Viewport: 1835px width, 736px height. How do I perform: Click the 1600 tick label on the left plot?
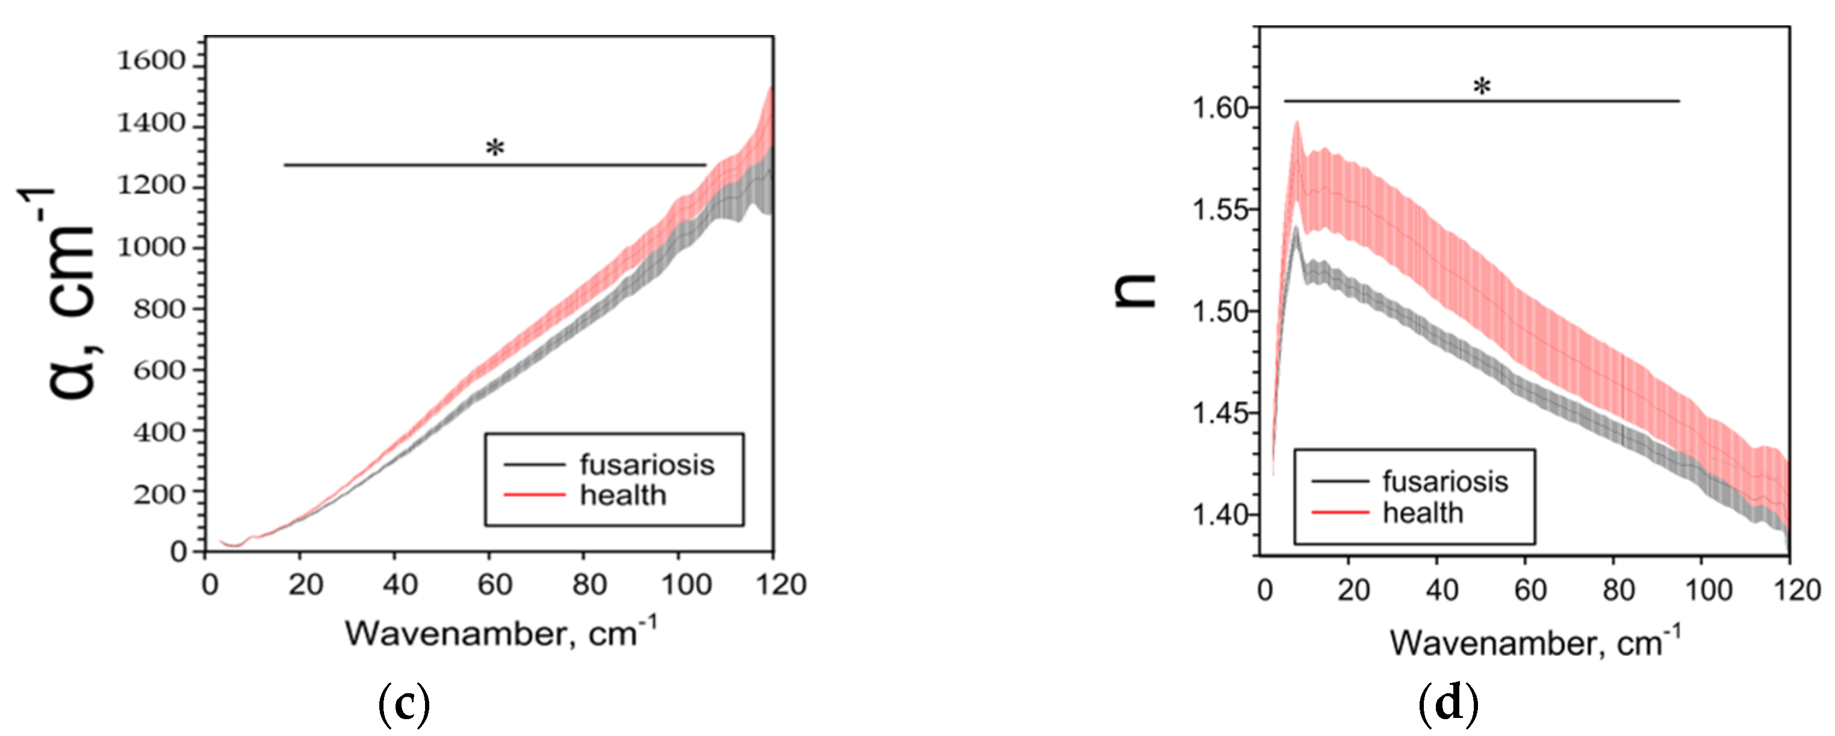[151, 61]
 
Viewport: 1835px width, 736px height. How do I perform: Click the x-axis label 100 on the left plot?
[686, 585]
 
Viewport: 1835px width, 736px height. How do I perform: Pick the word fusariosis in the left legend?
[646, 464]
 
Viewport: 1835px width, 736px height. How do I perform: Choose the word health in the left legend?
[623, 495]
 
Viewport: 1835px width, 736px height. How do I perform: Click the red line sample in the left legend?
[534, 495]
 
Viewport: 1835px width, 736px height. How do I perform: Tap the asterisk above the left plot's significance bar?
[494, 149]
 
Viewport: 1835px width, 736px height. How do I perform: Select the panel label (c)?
[404, 703]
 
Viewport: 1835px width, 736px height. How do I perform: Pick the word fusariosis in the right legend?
[1445, 482]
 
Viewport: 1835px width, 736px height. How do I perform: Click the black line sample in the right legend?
[1339, 482]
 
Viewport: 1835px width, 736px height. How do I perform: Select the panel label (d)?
[1448, 703]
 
